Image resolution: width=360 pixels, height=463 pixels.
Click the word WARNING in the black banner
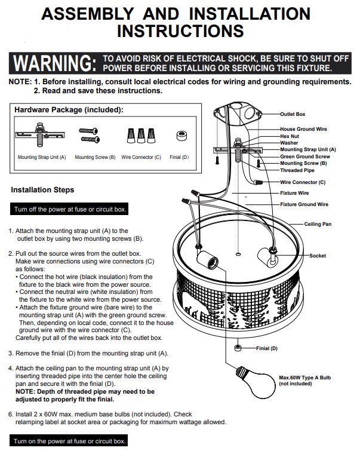point(54,63)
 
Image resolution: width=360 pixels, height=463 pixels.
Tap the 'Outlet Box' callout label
point(293,114)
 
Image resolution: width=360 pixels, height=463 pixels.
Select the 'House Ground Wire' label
point(303,129)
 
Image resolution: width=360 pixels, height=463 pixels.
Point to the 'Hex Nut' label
point(290,136)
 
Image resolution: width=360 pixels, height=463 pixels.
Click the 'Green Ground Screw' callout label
point(305,157)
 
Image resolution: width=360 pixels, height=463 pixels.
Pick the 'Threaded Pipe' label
point(297,170)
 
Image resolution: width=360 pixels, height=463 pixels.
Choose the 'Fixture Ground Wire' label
point(304,204)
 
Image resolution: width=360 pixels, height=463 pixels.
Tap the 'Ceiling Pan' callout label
point(318,224)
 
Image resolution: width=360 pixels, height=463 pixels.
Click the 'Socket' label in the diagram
point(318,256)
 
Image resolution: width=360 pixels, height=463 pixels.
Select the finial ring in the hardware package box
point(182,136)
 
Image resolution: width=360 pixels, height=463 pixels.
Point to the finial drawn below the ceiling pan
point(238,348)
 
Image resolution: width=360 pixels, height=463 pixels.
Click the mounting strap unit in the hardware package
point(40,134)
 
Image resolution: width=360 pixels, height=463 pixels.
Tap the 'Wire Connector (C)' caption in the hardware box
point(141,157)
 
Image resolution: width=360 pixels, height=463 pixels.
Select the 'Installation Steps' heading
point(42,189)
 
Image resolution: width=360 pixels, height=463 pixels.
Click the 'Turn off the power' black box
point(69,209)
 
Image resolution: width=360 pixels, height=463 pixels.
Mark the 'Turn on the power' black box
point(69,440)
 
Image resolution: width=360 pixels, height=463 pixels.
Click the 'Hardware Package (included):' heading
point(69,110)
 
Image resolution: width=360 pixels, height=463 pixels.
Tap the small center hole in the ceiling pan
point(238,254)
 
